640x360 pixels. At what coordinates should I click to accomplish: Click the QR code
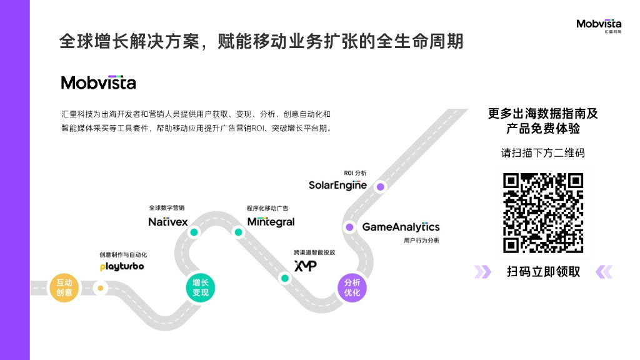coord(543,212)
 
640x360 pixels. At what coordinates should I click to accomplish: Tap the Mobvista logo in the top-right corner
coord(599,26)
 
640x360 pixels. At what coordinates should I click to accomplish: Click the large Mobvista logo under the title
coord(98,82)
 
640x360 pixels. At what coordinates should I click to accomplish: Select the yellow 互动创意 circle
coord(64,288)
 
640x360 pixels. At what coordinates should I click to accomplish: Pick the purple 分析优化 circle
coord(352,288)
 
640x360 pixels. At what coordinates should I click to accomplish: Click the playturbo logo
coord(122,266)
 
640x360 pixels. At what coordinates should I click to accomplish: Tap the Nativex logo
coord(168,222)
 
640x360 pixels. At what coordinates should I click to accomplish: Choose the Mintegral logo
coord(271,222)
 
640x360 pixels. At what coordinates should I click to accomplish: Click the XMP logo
coord(305,266)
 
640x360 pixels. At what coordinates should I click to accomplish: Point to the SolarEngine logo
coord(337,185)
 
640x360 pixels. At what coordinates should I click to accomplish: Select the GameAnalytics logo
coord(401,227)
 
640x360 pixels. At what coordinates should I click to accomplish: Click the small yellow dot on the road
coord(100,288)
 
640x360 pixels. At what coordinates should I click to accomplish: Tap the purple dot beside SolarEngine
coord(380,186)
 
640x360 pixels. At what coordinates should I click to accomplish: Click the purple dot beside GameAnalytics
coord(349,227)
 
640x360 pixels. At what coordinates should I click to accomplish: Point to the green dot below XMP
coord(285,278)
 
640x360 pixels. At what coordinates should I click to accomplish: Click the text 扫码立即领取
coord(543,272)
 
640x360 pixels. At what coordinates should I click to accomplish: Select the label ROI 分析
coord(356,172)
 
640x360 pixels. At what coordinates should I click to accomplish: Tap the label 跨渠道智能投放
coord(314,252)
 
